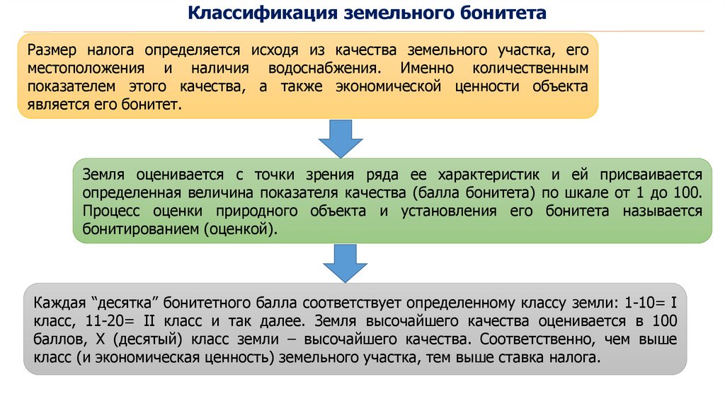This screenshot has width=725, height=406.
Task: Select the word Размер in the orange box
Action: tap(52, 51)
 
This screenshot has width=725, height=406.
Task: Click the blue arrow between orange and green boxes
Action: tap(340, 137)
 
